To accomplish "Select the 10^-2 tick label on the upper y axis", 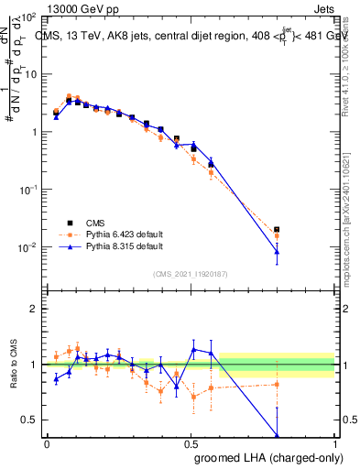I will (x=29, y=247).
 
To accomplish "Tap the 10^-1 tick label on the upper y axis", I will (x=29, y=190).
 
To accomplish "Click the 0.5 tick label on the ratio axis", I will (x=31, y=420).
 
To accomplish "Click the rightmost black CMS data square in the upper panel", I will (x=277, y=230).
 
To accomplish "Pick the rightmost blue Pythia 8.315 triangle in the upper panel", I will (x=277, y=251).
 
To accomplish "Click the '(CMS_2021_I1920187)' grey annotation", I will (x=191, y=273).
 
